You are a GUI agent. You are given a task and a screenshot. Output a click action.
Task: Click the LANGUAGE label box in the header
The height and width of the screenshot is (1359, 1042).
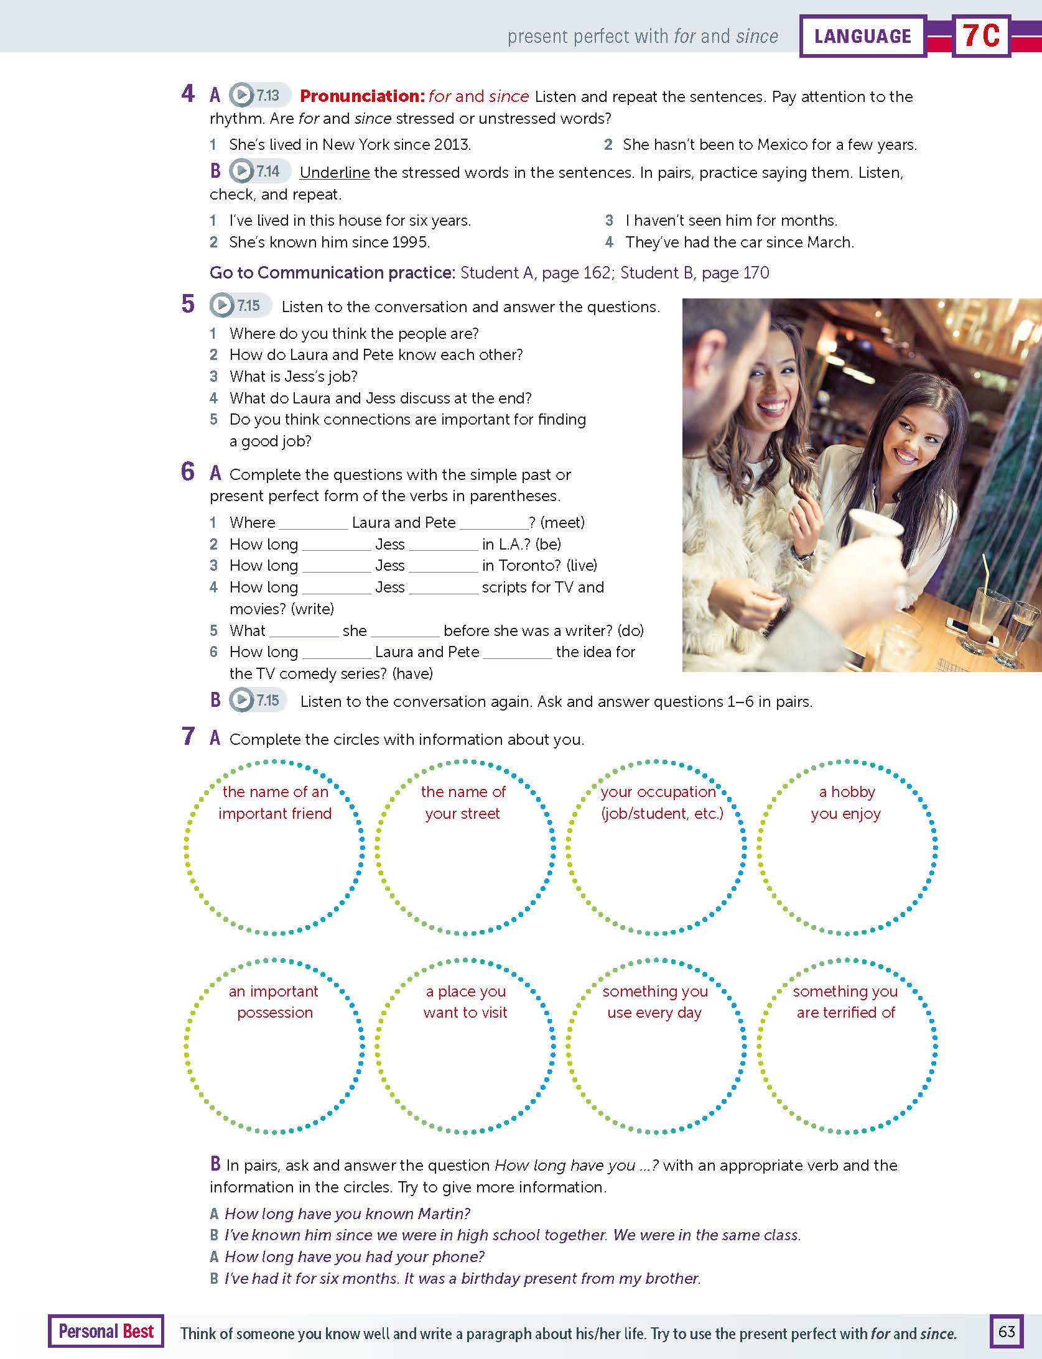pos(862,36)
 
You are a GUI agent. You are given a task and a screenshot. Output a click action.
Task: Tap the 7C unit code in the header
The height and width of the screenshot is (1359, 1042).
pos(981,36)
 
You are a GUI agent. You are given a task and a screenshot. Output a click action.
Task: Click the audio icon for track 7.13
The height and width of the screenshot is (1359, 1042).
pos(241,95)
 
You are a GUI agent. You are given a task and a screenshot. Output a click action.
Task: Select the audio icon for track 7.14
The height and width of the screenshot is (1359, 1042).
pos(241,171)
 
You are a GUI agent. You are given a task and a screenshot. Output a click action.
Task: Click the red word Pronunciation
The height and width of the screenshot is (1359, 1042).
pos(361,96)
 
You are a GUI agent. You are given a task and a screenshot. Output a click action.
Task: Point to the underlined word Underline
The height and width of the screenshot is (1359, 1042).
pos(335,173)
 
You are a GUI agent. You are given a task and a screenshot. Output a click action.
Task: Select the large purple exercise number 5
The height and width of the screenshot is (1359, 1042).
pos(188,305)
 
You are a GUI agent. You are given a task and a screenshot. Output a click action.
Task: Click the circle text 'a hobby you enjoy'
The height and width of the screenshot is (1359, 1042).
pos(846,803)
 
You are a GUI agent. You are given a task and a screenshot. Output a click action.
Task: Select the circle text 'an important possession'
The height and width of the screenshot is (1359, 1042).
pos(274,1002)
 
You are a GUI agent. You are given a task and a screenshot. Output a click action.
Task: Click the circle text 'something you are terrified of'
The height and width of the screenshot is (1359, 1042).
pos(845,1002)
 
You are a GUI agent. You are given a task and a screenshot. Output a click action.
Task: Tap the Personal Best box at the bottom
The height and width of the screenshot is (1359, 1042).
pos(106,1331)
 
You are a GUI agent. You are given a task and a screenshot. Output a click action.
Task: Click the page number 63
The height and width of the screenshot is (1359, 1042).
pos(1006,1331)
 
